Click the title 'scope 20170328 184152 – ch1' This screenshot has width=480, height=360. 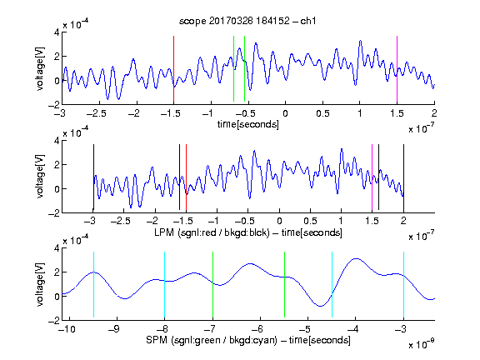tap(247, 21)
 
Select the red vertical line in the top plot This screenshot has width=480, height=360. tap(173, 69)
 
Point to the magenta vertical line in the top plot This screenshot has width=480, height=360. tap(397, 69)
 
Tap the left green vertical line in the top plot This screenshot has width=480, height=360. tap(233, 69)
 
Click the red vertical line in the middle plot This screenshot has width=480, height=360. tap(186, 177)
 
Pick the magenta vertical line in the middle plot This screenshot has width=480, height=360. tap(372, 177)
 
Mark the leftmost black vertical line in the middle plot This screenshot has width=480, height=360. tap(93, 177)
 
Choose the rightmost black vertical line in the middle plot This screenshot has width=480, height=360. tap(403, 177)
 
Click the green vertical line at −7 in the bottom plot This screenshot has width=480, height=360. tap(212, 285)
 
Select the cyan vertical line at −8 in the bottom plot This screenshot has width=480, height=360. tap(164, 285)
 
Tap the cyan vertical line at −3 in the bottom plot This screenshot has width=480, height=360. tap(403, 285)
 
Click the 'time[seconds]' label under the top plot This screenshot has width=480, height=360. tap(248, 124)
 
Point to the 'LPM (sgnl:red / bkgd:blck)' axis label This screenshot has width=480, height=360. tap(212, 232)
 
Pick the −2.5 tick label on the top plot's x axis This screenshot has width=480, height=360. tap(97, 113)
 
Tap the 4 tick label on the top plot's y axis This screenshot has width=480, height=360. tap(57, 32)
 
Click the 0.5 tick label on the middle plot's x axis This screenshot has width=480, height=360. tap(310, 222)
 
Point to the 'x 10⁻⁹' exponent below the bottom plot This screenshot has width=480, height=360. tap(421, 344)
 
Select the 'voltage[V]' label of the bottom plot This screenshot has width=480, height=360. tap(40, 284)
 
